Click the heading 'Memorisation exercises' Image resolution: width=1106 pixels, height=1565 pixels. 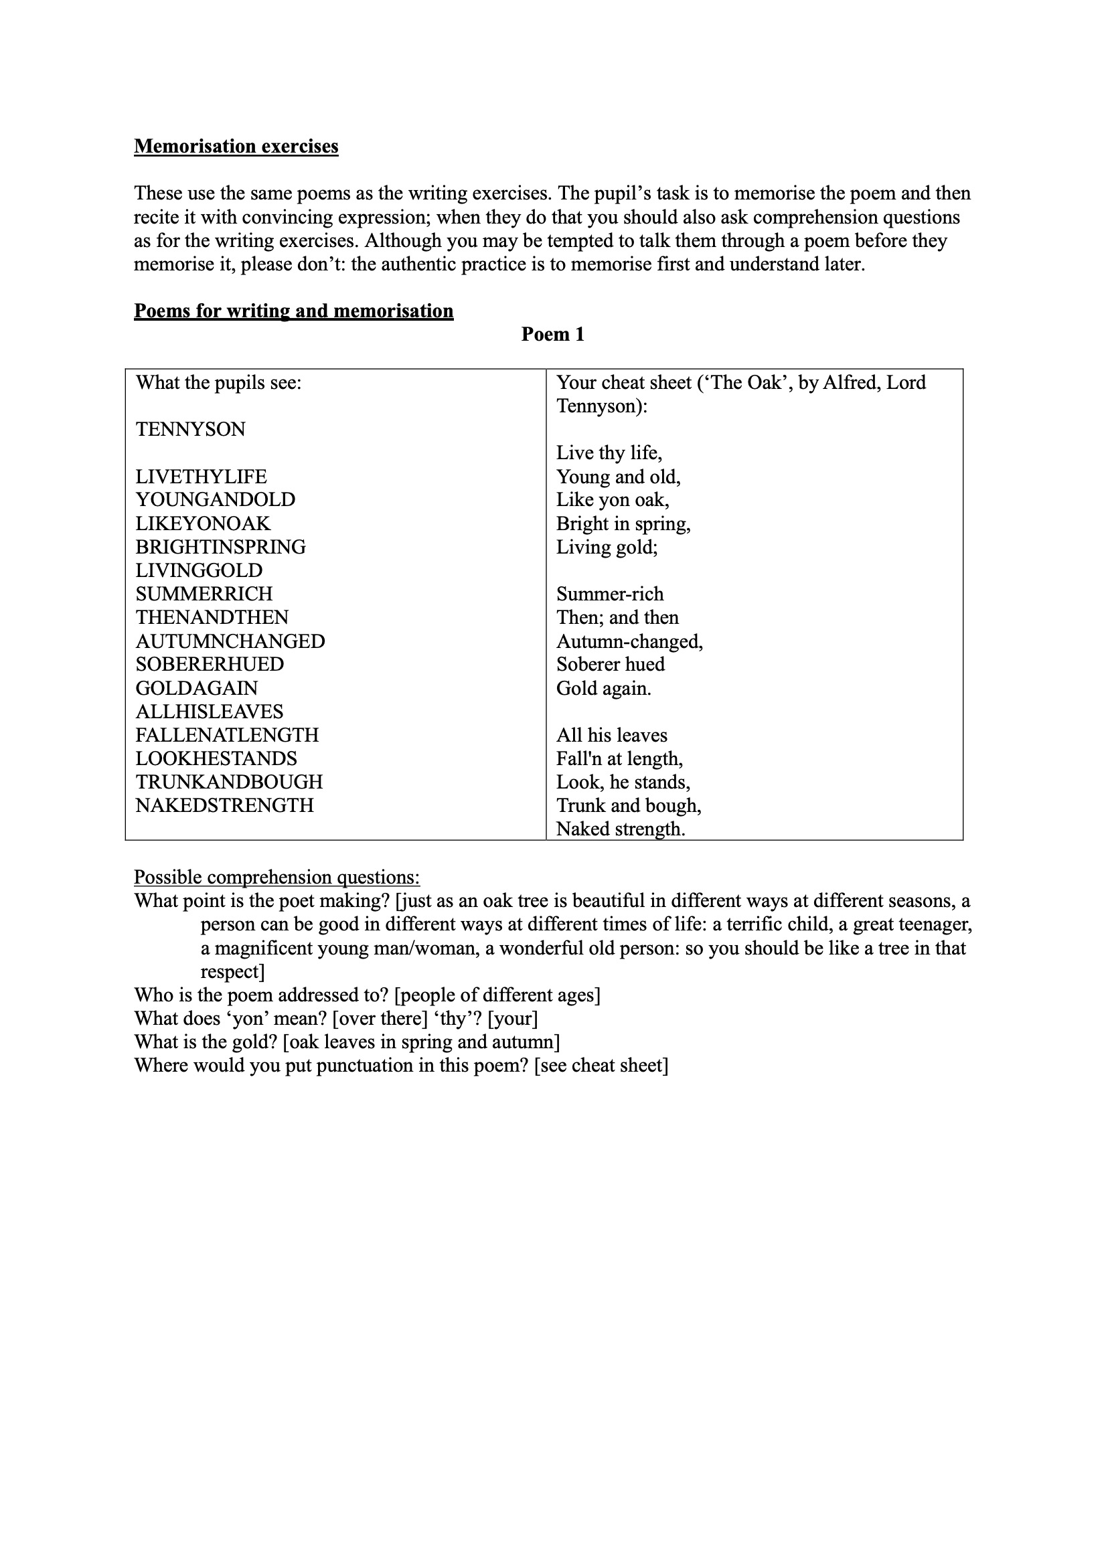(236, 147)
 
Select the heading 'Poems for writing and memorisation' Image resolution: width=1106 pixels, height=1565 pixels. (293, 311)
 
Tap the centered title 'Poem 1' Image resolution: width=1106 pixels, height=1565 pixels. (552, 334)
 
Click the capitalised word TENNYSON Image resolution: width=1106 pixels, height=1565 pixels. (190, 430)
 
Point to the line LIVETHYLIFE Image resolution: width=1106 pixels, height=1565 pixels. (201, 477)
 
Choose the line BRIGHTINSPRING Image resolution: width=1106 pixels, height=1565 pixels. (220, 547)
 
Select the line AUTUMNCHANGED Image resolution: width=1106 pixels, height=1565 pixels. (230, 641)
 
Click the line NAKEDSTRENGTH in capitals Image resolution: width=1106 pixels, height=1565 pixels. (224, 805)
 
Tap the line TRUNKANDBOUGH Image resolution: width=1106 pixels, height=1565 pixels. (229, 782)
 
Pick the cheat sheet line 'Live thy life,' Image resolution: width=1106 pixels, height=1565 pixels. (609, 452)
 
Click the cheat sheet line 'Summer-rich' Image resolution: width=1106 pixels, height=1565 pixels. (610, 594)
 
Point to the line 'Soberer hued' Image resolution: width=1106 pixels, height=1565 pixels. (611, 664)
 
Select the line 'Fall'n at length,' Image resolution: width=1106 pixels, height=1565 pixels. (619, 758)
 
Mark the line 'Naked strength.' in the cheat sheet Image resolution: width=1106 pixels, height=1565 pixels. (621, 829)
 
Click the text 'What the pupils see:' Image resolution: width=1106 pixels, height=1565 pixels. (218, 382)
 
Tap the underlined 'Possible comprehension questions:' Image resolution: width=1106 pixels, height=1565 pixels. (277, 878)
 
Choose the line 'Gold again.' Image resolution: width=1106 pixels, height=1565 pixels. (603, 687)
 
